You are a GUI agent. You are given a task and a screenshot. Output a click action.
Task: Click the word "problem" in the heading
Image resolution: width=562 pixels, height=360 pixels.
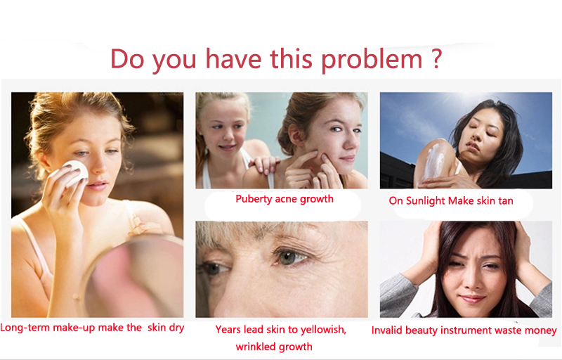[372, 60]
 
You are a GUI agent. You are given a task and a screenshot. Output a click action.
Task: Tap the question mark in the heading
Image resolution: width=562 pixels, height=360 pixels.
[436, 58]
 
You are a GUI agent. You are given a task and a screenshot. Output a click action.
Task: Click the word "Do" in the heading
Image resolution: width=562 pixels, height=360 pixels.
[127, 58]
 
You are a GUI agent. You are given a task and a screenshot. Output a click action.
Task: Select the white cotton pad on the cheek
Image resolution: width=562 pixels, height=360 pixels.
[75, 173]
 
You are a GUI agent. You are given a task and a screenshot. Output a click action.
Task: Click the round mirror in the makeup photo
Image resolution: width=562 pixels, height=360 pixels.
[133, 276]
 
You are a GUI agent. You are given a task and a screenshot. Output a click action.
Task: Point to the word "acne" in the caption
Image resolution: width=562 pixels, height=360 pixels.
[286, 199]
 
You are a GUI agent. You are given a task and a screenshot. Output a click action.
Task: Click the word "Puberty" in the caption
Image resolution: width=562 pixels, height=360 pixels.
[254, 200]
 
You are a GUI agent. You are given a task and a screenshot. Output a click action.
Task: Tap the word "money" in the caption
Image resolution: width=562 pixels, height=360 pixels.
[540, 330]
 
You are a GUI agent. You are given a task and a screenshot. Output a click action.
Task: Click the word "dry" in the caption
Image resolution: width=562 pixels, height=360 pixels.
[176, 328]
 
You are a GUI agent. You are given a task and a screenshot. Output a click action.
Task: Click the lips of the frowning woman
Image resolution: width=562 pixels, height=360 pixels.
[471, 299]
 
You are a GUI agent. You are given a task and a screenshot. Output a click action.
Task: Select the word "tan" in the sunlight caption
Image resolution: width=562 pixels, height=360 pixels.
[505, 201]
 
